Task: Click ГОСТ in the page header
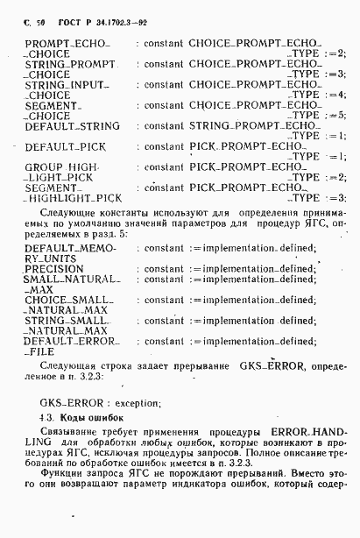tap(69, 18)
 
